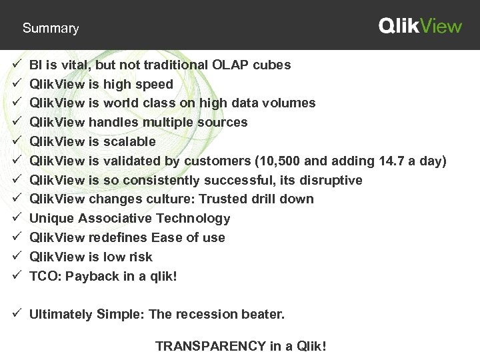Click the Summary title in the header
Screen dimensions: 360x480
(x=51, y=29)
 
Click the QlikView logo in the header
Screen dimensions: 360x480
(x=420, y=26)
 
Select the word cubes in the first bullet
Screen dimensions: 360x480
(x=274, y=65)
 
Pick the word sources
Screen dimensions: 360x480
(x=225, y=123)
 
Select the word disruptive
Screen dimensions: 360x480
(x=331, y=180)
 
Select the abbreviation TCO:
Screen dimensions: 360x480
(x=45, y=276)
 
